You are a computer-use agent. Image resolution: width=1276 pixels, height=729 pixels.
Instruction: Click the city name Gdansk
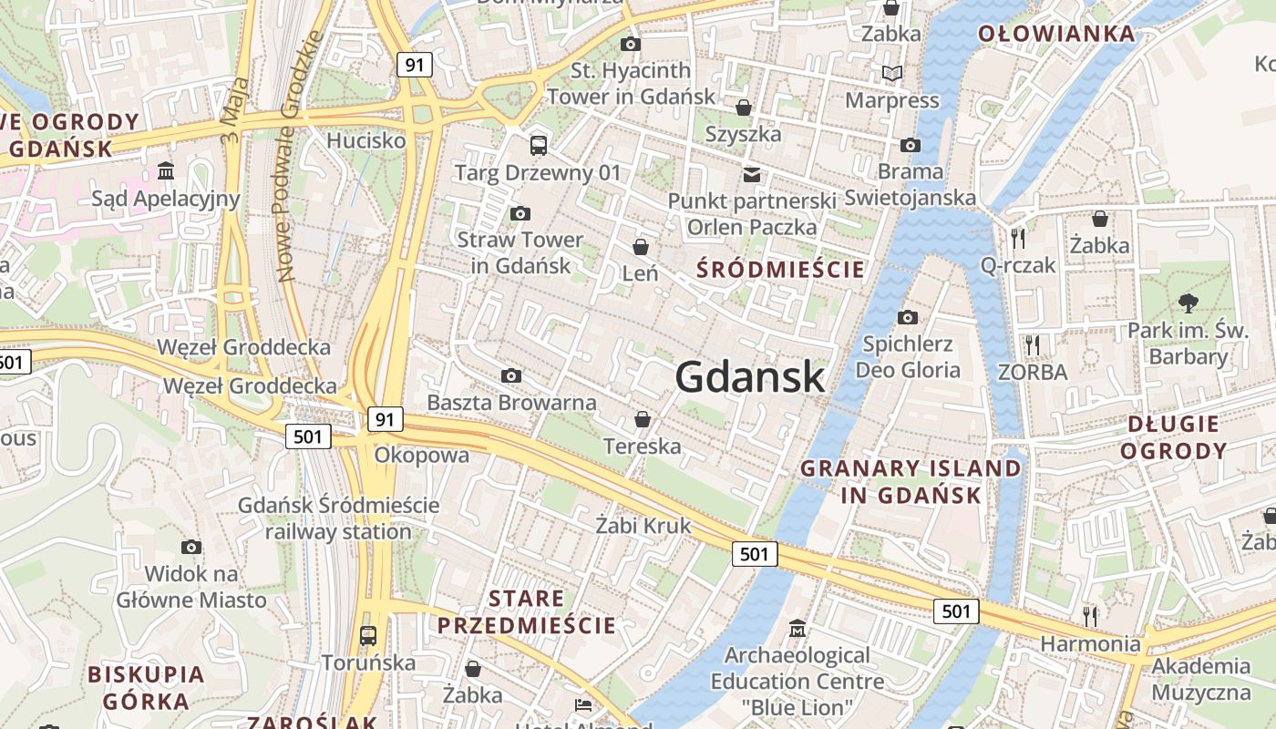pos(750,377)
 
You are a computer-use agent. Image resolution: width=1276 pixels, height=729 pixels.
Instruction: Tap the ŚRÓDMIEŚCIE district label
pos(780,269)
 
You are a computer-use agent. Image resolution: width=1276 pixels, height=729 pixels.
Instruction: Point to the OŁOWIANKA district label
pos(1056,35)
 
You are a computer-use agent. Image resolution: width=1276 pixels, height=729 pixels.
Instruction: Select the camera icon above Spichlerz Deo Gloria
pos(908,317)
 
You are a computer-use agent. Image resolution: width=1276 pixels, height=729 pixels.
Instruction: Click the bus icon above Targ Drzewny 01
pos(539,145)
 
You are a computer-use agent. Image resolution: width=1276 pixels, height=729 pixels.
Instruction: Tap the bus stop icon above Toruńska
pos(368,635)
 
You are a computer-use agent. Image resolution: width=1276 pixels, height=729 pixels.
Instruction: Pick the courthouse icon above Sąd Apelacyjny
pos(166,171)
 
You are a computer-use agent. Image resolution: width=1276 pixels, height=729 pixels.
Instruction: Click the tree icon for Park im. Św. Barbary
pos(1188,303)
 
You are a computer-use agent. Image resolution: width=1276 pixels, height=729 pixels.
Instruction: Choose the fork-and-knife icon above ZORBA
pos(1032,344)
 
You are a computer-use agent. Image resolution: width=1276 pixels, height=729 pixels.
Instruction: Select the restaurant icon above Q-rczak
pos(1018,238)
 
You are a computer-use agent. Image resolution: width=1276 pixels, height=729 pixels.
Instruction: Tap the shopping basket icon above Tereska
pos(643,419)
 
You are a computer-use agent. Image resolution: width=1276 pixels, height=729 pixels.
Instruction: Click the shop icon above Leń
pos(641,247)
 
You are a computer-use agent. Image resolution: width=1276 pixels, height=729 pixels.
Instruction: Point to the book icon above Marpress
pos(891,73)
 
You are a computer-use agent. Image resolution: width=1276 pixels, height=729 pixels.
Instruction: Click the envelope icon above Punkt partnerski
pos(752,173)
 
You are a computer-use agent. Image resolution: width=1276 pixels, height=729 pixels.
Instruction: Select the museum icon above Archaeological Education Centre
pos(797,628)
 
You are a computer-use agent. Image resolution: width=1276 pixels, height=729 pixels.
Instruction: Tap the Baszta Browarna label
pos(511,402)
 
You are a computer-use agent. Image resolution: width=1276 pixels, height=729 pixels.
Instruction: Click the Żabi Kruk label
pos(643,526)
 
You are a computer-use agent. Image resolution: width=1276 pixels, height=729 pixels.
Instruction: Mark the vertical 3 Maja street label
pos(231,108)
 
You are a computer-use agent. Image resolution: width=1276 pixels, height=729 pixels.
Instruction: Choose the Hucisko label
pos(365,140)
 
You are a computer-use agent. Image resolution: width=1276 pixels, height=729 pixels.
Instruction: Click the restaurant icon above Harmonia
pos(1089,616)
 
